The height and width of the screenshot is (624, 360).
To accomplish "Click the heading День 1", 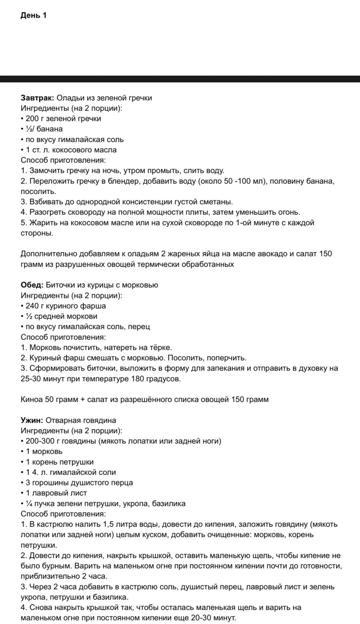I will pos(34,15).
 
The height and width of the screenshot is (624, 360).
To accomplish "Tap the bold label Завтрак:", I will pos(38,98).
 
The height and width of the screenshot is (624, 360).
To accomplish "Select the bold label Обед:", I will pos(32,285).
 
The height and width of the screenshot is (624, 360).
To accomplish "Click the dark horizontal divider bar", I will pos(180,79).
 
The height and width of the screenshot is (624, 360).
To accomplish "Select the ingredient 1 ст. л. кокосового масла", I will pos(71,150).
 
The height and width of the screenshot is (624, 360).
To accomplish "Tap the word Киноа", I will pos(31,399).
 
